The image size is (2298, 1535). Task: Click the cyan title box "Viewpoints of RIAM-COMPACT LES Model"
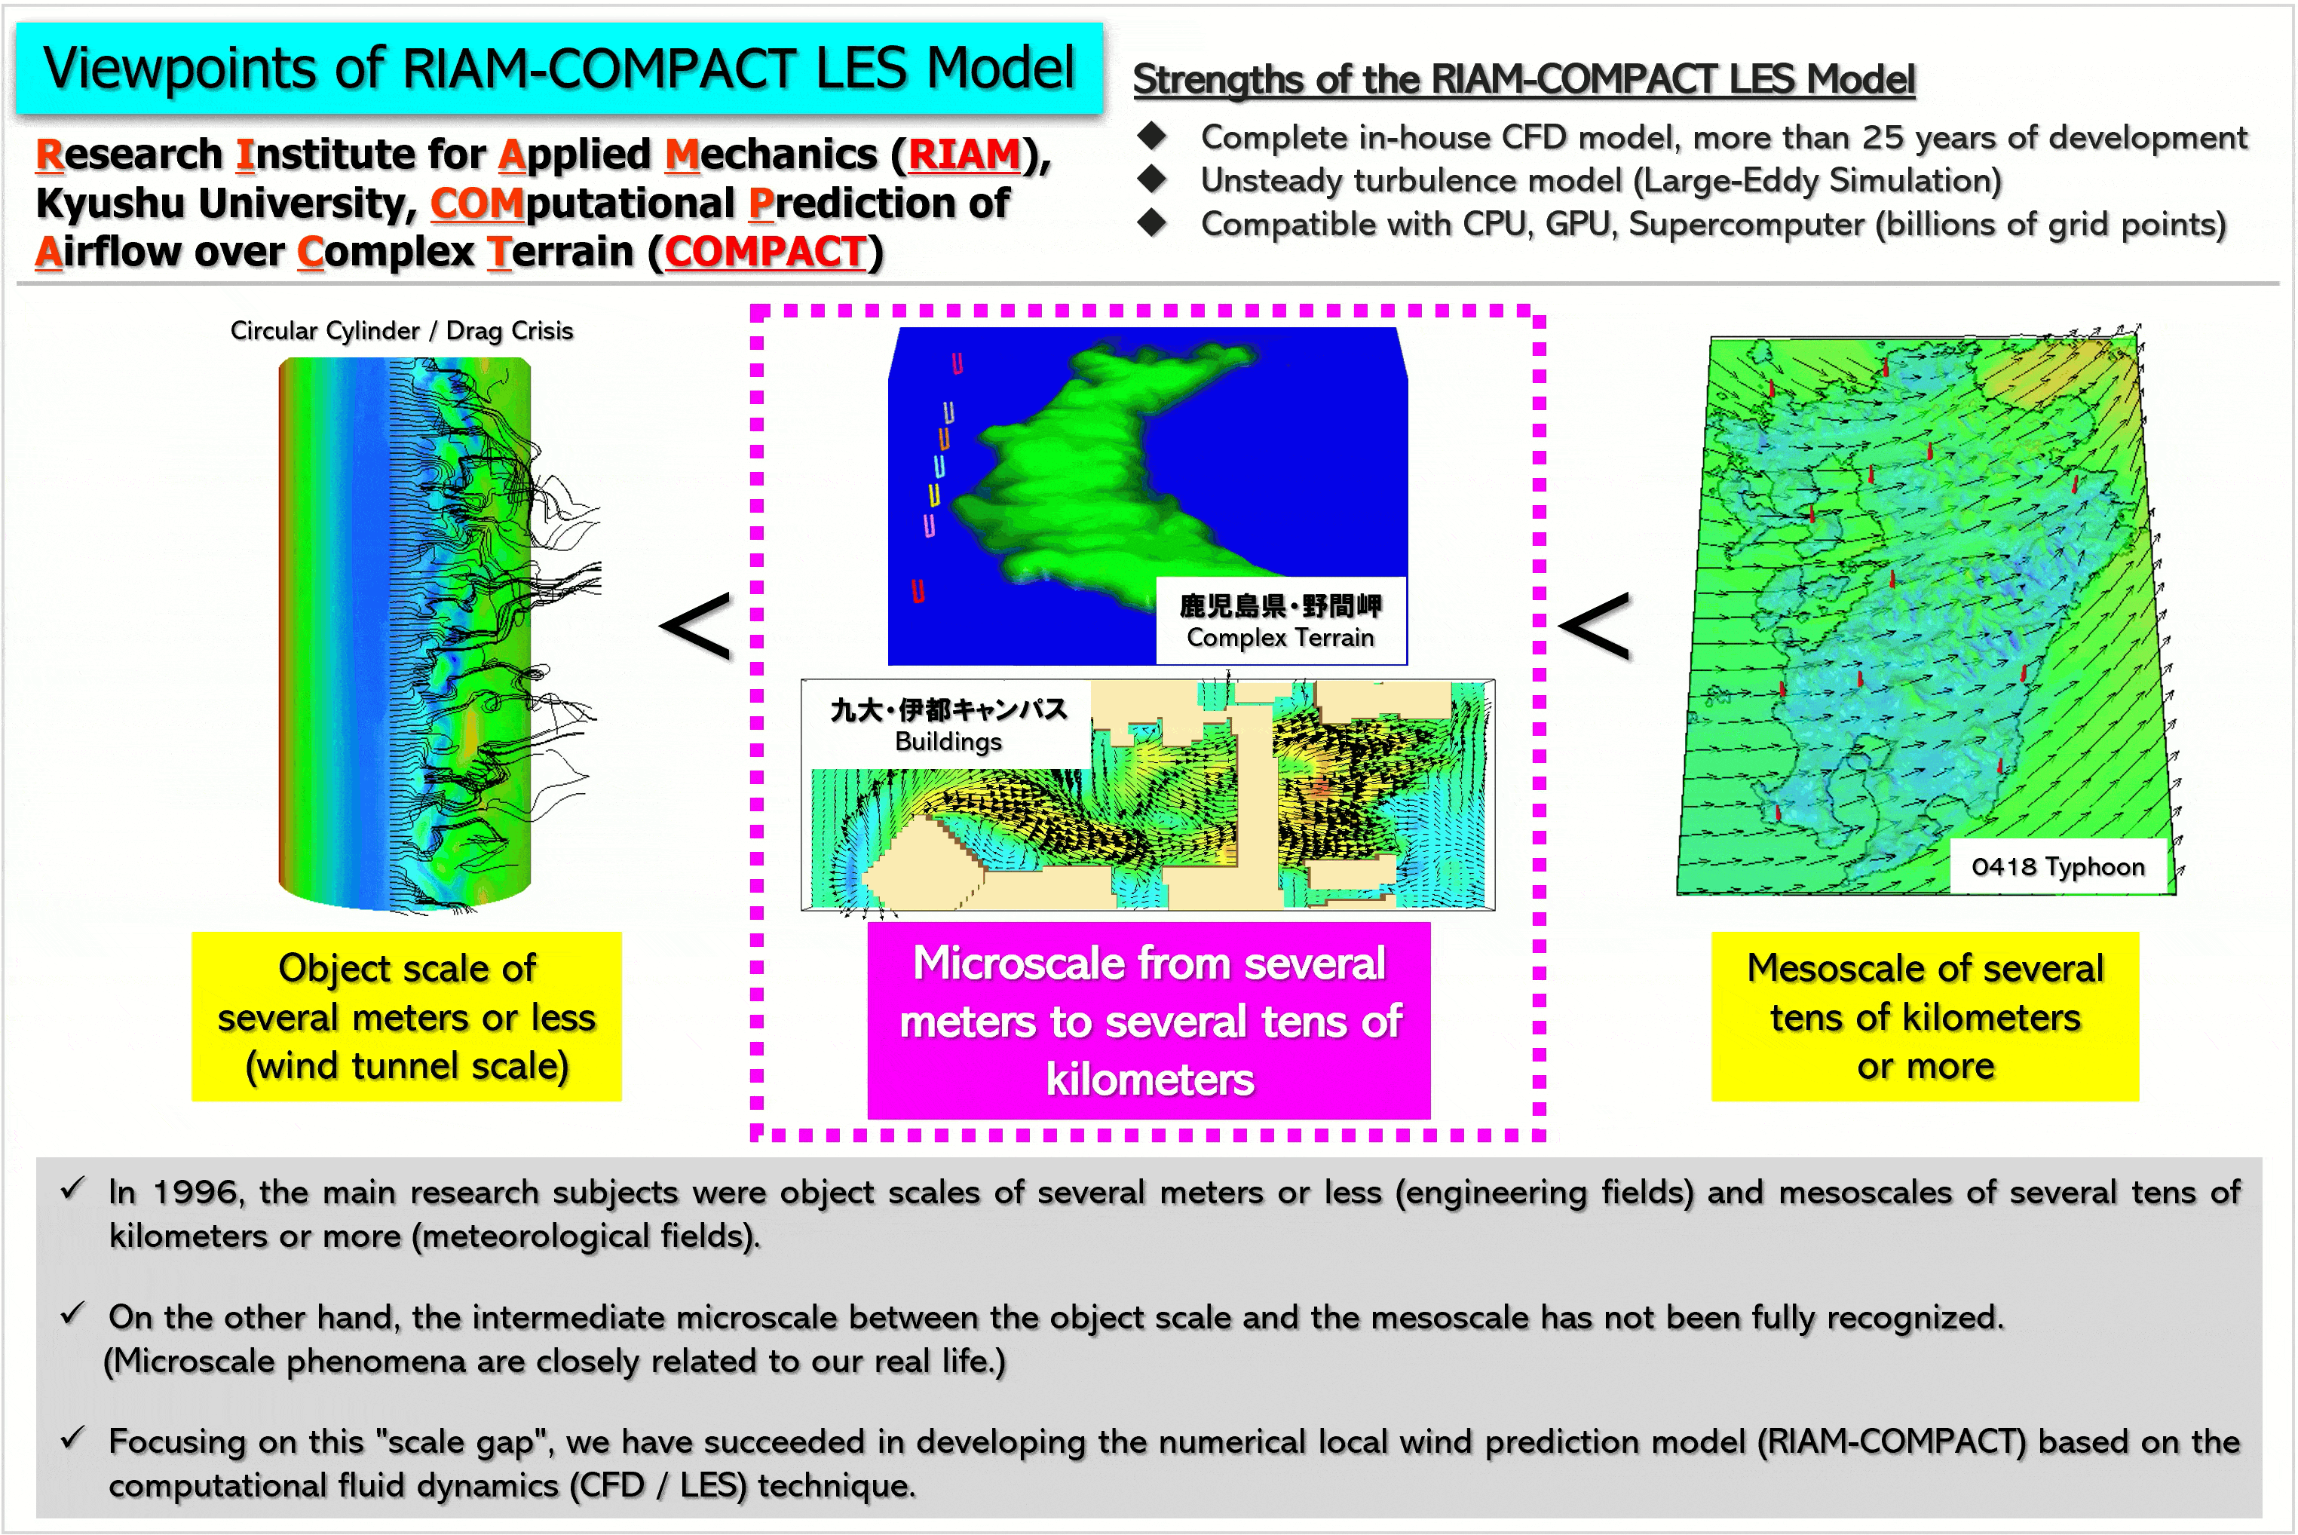[559, 68]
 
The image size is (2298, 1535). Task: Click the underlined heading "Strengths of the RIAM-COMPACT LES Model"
[1524, 79]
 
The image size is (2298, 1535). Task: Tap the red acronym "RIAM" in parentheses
[964, 155]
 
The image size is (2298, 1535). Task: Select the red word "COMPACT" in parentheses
[765, 252]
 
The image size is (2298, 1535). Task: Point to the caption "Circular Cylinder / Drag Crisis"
[401, 331]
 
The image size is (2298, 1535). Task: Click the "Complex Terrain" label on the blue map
[1280, 637]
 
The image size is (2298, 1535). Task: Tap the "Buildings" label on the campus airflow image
[948, 741]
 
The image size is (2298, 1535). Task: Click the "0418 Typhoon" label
[2057, 866]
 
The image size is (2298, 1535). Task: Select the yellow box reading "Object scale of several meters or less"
[406, 1016]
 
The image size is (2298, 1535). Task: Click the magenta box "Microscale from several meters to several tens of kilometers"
[1149, 1020]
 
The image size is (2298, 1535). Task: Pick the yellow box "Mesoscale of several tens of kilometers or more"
[1925, 1016]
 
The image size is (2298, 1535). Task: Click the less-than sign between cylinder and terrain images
[696, 626]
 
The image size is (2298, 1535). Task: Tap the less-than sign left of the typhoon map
[1595, 626]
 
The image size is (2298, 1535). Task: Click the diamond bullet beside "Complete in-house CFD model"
[1153, 136]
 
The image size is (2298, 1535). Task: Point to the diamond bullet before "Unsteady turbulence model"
[1153, 179]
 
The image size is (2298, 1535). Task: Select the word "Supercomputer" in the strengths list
[1746, 224]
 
